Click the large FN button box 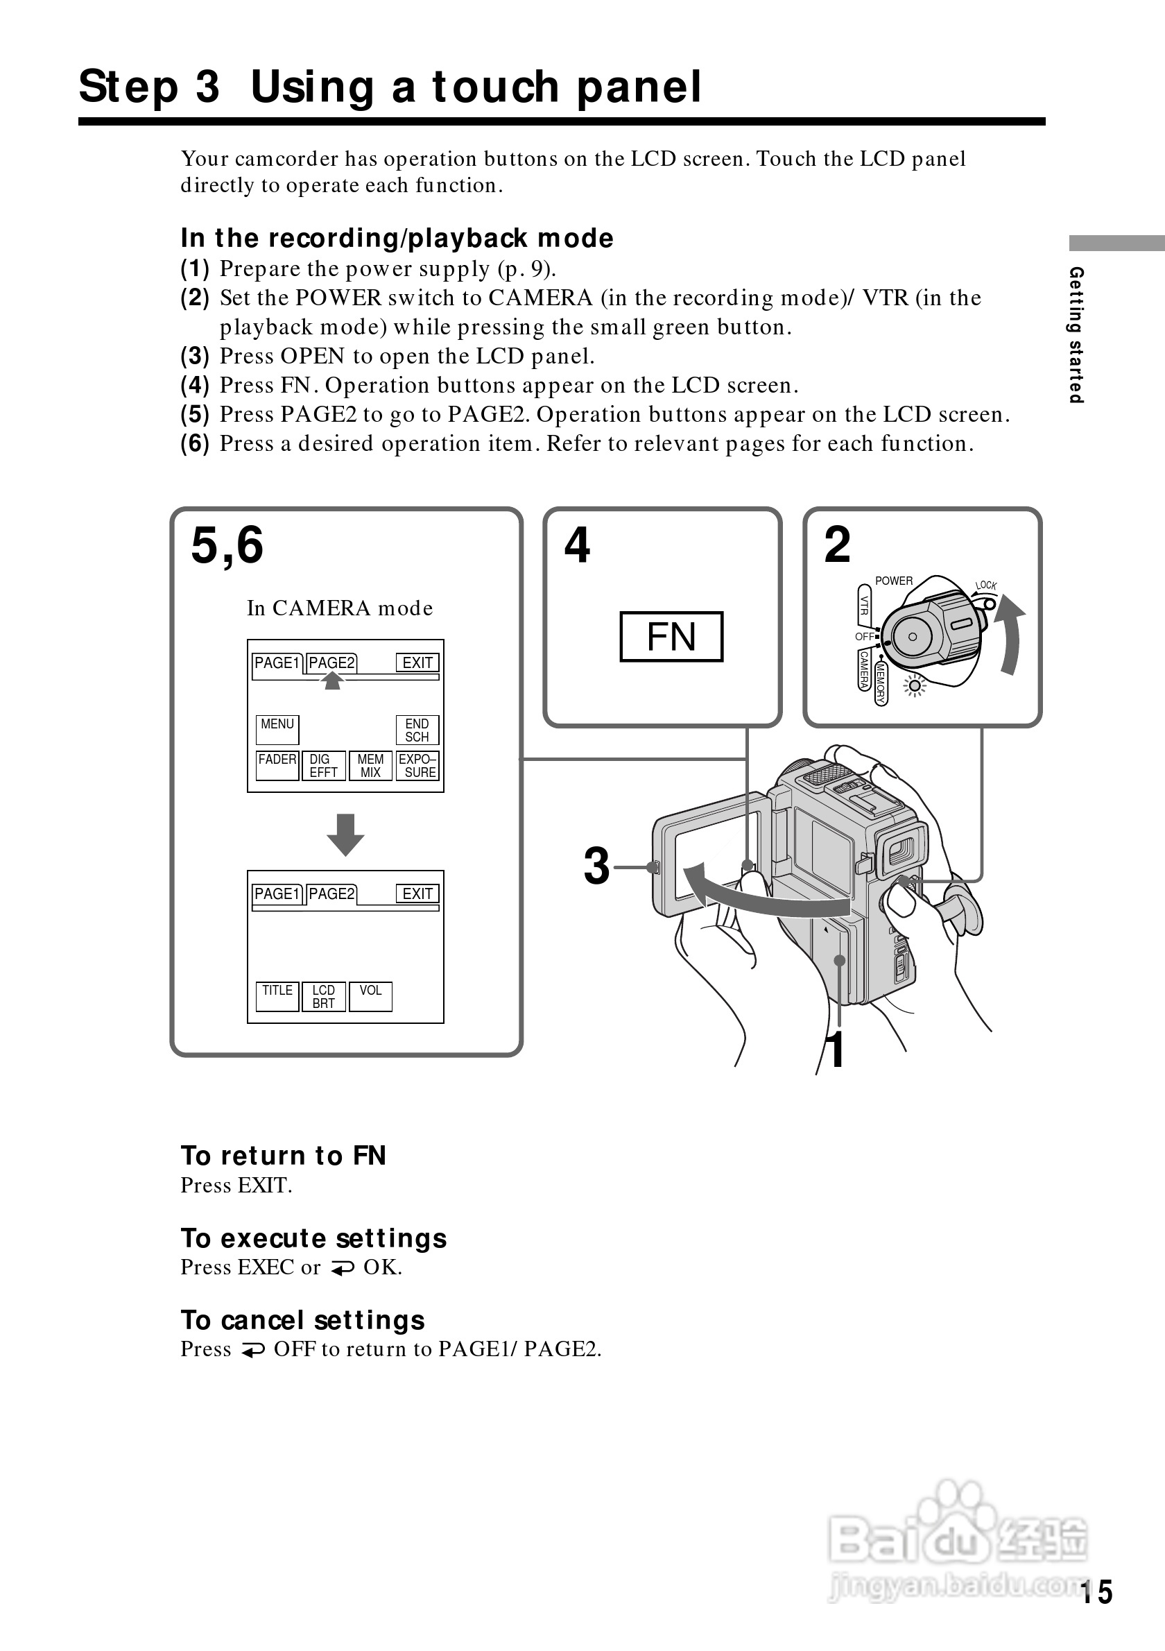pos(671,636)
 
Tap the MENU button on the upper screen pos(277,729)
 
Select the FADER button pos(277,765)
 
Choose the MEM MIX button pos(371,765)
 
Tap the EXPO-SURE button pos(417,765)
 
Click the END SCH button pos(417,729)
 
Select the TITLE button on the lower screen pos(277,996)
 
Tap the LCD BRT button pos(324,996)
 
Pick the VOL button pos(371,996)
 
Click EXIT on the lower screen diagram pos(417,893)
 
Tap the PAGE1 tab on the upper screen pos(277,663)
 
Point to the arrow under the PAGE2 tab pos(332,681)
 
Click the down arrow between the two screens pos(346,834)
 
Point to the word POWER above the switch pos(893,581)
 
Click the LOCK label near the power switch pos(986,585)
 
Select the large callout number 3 pos(596,866)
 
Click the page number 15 pos(1097,1593)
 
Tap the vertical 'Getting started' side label pos(1076,334)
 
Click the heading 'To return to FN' pos(283,1156)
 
